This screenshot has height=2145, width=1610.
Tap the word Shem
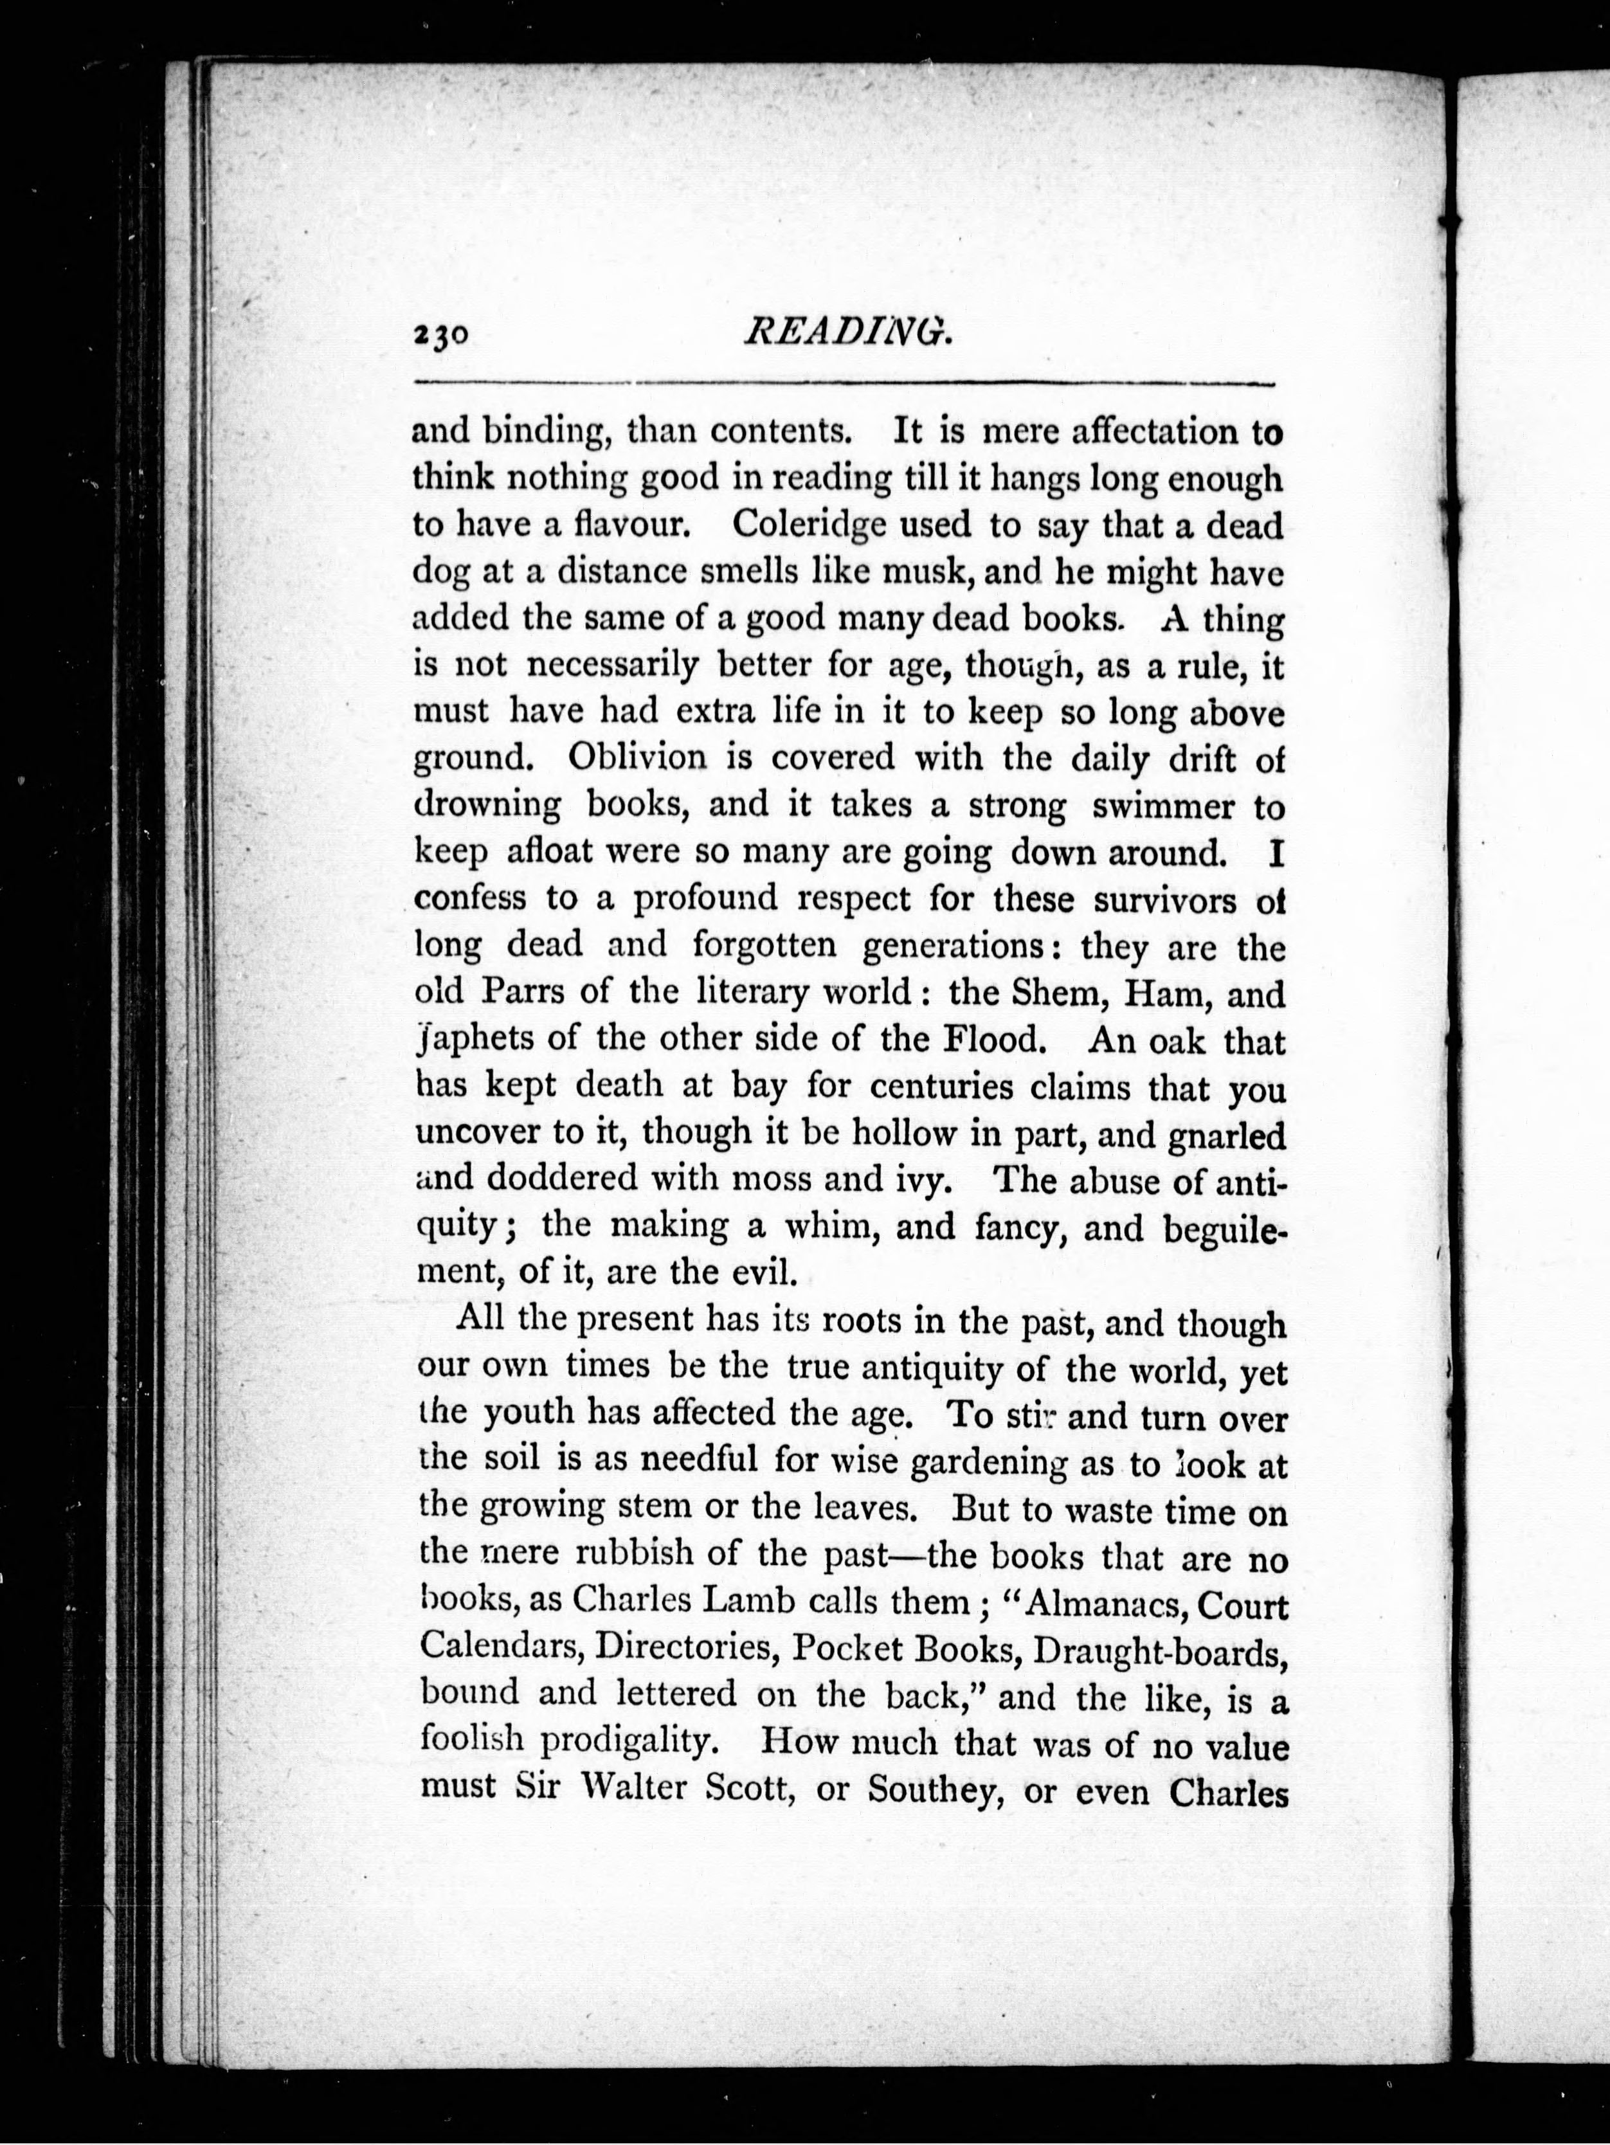pyautogui.click(x=1058, y=994)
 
